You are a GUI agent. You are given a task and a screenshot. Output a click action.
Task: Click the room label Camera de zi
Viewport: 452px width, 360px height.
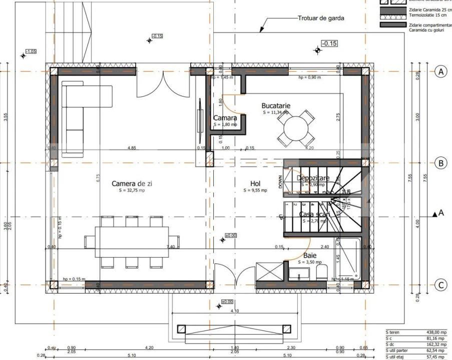[x=132, y=183]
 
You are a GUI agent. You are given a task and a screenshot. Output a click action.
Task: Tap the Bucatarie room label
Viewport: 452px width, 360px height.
[x=276, y=105]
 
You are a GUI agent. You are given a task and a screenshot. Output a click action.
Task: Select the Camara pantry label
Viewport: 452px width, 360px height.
[x=225, y=118]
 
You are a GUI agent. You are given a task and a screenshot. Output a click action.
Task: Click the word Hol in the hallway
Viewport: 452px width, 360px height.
[x=255, y=183]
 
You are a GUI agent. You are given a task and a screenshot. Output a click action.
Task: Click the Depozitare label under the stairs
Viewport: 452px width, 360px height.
[x=313, y=178]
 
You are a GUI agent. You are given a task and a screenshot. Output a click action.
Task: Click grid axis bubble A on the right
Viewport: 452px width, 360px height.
[x=440, y=72]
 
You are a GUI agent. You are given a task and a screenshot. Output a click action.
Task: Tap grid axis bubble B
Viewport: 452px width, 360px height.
[x=440, y=162]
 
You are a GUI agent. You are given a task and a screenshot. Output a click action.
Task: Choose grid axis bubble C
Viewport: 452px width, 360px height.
[x=440, y=285]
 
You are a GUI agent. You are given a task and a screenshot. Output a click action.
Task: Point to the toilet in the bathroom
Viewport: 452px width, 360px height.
[x=322, y=272]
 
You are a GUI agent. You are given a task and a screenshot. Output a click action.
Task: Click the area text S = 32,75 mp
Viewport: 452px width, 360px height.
[x=132, y=190]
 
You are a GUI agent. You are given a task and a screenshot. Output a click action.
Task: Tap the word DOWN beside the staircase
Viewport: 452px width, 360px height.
[x=280, y=180]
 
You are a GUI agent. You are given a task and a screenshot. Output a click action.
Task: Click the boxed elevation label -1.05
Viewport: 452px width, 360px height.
[x=31, y=51]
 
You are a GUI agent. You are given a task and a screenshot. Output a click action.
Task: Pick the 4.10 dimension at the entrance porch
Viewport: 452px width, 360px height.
[x=235, y=311]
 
